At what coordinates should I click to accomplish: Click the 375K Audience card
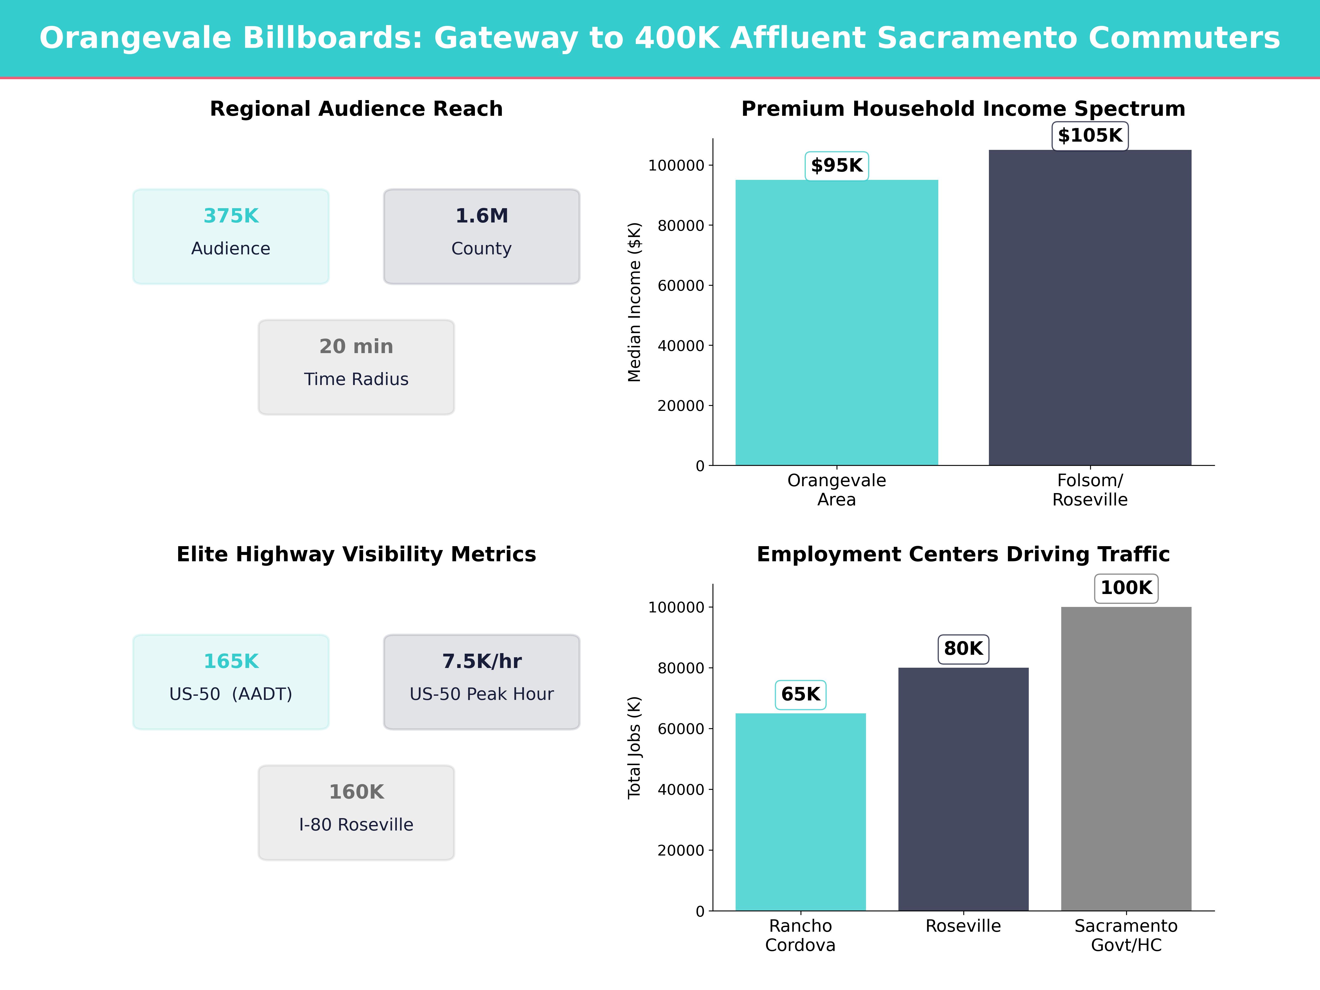coord(231,236)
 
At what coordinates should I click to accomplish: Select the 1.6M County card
coord(482,236)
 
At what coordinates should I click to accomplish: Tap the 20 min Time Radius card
coord(356,367)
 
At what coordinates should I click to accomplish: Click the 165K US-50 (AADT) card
coord(231,681)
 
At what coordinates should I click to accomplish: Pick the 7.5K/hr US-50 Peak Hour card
coord(482,681)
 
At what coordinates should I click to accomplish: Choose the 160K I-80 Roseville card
coord(356,812)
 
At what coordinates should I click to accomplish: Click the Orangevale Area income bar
coord(837,322)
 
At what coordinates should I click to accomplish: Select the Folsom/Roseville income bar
coord(1090,307)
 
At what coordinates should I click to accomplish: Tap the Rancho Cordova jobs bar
coord(800,812)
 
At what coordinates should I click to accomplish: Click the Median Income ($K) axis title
coord(634,302)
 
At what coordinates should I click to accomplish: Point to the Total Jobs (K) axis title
coord(634,747)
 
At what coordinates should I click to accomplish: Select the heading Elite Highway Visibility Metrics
coord(356,554)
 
